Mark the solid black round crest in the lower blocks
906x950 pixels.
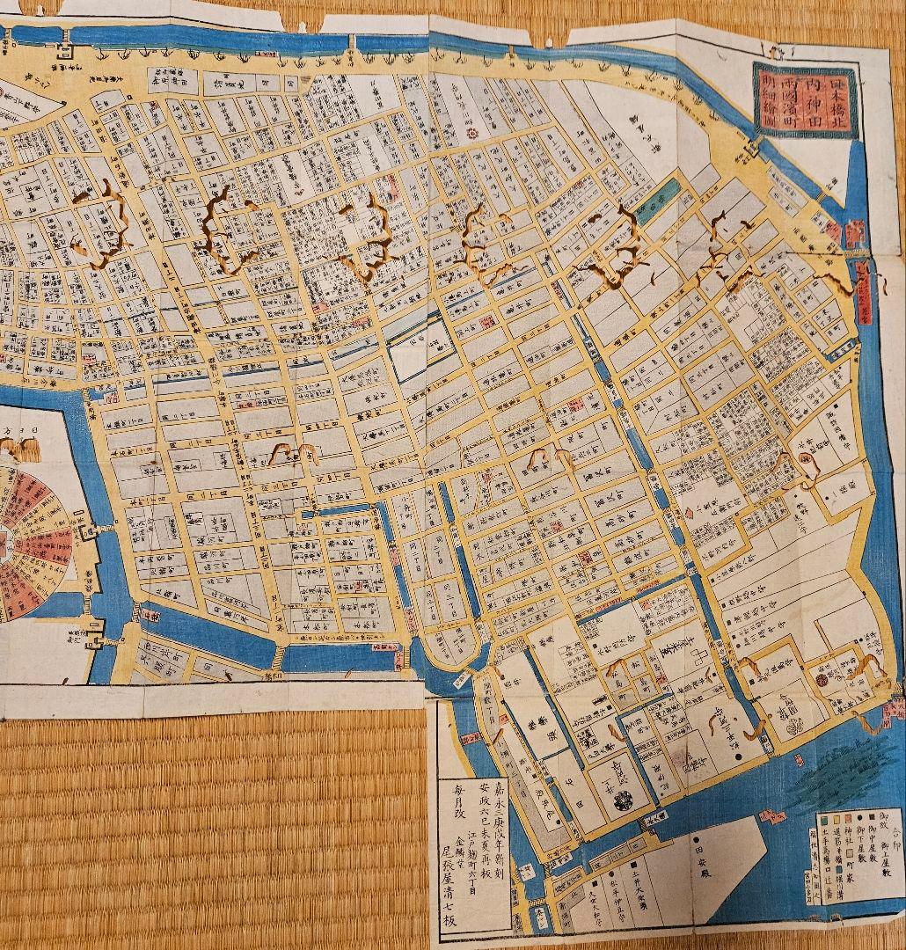coord(623,799)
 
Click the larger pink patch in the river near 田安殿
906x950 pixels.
coord(773,816)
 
